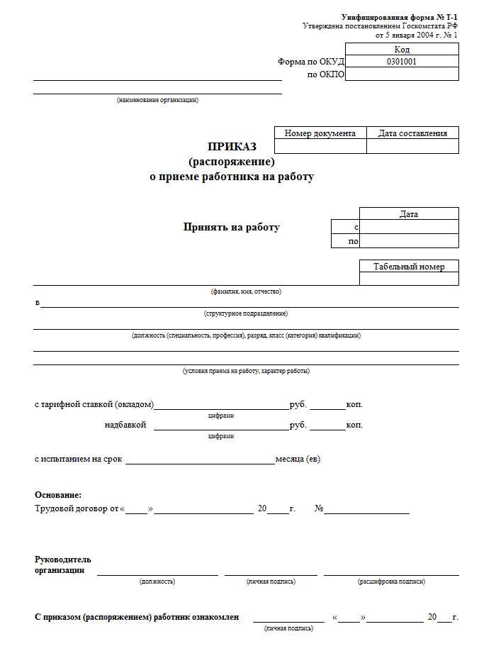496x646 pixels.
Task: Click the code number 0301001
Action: pyautogui.click(x=401, y=62)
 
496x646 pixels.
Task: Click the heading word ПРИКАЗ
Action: pyautogui.click(x=232, y=147)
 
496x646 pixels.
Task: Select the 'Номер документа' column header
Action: pyautogui.click(x=320, y=133)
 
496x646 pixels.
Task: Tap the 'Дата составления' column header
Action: pyautogui.click(x=412, y=133)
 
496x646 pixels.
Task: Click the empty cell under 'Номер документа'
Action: pyautogui.click(x=320, y=146)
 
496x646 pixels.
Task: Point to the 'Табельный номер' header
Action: pyautogui.click(x=409, y=267)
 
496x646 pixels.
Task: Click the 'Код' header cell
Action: pyautogui.click(x=401, y=50)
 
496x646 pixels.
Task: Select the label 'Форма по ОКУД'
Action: pyautogui.click(x=310, y=62)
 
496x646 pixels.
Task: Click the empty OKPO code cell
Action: pyautogui.click(x=401, y=74)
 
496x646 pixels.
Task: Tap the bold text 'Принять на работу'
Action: pyautogui.click(x=232, y=228)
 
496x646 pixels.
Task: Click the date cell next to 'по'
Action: pyautogui.click(x=409, y=241)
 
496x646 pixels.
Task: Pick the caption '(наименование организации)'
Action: pyautogui.click(x=157, y=100)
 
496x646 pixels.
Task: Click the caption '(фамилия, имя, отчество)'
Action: pyautogui.click(x=246, y=291)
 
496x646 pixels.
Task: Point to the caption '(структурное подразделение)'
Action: pyautogui.click(x=246, y=313)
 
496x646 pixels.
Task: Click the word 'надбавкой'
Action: pyautogui.click(x=125, y=425)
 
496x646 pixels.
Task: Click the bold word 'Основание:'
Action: pyautogui.click(x=58, y=495)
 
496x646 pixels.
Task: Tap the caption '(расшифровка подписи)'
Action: pyautogui.click(x=391, y=581)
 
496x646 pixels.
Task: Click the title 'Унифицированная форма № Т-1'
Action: pyautogui.click(x=400, y=16)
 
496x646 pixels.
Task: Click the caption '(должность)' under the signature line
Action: pyautogui.click(x=157, y=581)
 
